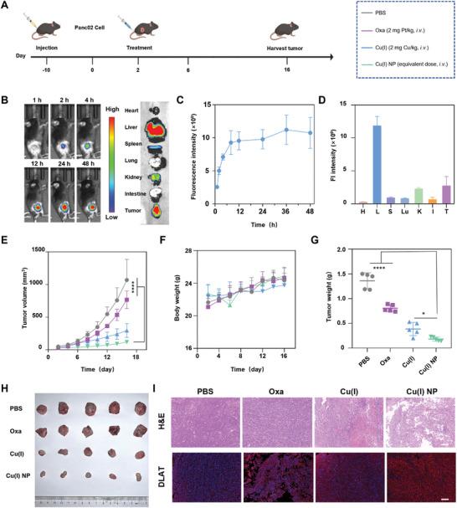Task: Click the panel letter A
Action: [7, 7]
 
